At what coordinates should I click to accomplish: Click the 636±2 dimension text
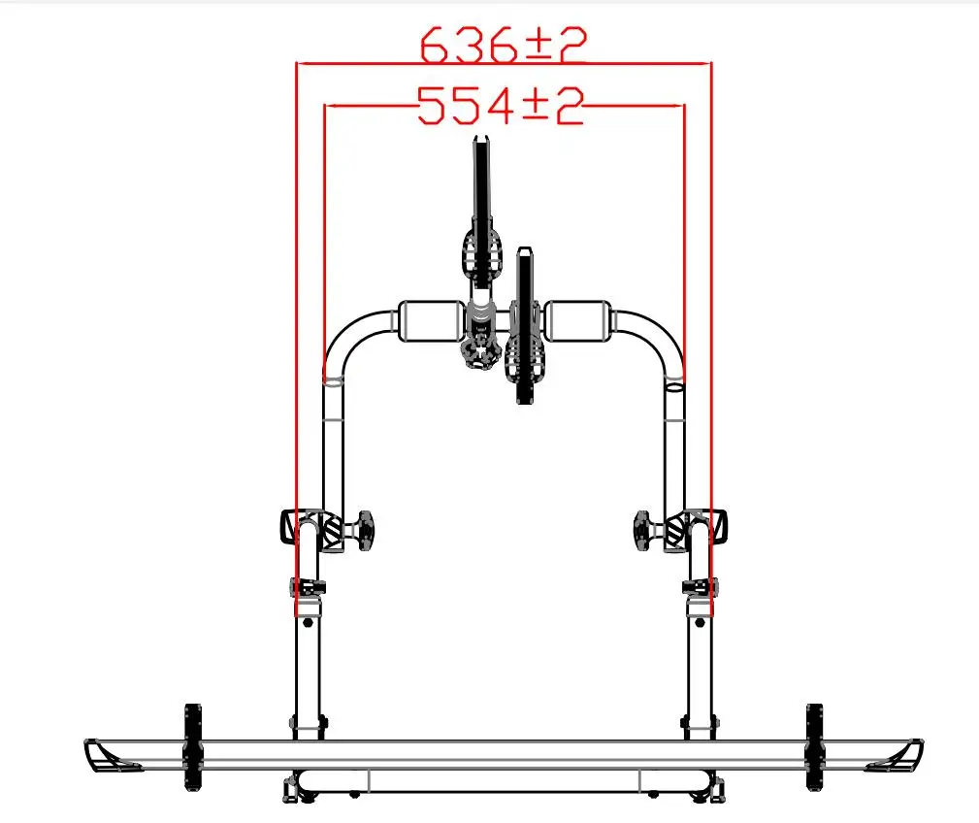504,46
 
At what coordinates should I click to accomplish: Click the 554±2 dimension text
500,106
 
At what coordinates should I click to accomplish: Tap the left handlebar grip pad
432,321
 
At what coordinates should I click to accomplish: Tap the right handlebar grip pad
577,321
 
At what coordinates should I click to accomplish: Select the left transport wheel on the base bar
193,747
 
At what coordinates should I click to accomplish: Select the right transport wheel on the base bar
814,747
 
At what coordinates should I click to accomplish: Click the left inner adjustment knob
363,531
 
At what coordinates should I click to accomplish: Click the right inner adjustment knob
645,531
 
